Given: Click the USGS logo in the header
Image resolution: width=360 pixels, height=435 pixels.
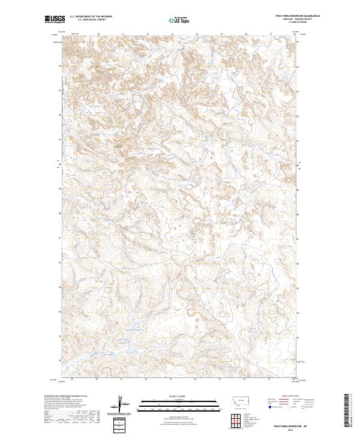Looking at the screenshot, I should point(54,19).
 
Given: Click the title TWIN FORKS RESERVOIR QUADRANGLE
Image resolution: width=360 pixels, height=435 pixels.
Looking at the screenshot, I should point(298,16).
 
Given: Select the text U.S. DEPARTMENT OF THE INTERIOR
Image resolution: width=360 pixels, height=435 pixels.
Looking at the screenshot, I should point(91,16).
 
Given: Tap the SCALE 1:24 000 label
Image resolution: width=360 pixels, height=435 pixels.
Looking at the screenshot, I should point(179,395).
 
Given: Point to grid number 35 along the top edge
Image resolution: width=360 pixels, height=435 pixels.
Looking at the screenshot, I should point(221,34).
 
